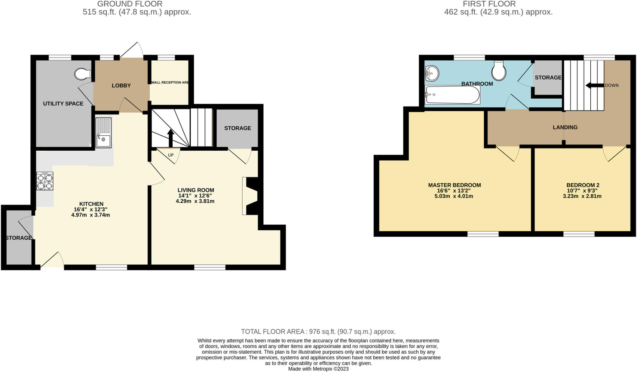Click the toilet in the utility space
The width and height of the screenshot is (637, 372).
point(82,74)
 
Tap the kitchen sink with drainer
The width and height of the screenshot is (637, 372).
point(103,132)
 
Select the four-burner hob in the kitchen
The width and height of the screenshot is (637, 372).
point(45,181)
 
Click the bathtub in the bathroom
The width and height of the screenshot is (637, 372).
point(453,95)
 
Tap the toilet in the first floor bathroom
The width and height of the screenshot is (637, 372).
point(499,71)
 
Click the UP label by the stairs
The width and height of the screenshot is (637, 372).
point(171,155)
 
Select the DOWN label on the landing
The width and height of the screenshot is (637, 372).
point(611,85)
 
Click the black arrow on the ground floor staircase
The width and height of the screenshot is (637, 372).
point(170,137)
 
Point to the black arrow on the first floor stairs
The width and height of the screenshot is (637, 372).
point(594,85)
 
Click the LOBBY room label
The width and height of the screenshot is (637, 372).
point(121,86)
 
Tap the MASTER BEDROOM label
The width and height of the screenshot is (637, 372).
point(454,185)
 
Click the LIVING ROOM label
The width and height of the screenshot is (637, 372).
point(196,190)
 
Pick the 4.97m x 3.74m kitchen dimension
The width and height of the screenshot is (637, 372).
point(91,215)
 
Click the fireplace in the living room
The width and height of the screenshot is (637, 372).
point(251,196)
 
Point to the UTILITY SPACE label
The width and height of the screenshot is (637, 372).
point(63,104)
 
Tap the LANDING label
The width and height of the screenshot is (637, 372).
point(565,127)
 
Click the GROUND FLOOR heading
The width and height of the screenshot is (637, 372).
point(130,4)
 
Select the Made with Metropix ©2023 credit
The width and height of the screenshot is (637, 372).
point(318,369)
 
